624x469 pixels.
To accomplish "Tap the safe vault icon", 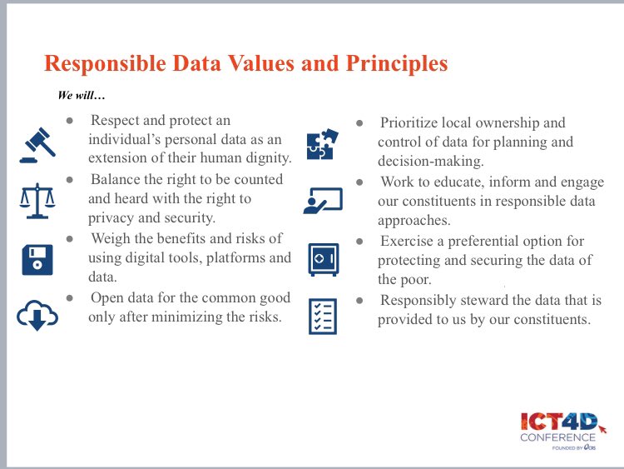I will [323, 259].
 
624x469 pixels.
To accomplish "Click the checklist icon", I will [323, 317].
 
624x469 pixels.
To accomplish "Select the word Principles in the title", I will [391, 63].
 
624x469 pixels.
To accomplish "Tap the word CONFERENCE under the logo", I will [558, 437].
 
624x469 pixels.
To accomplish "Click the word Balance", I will [116, 179].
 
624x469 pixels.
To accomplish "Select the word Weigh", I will [112, 238].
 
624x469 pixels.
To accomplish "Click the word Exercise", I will [407, 241].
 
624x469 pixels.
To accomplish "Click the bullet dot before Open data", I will [72, 297].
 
